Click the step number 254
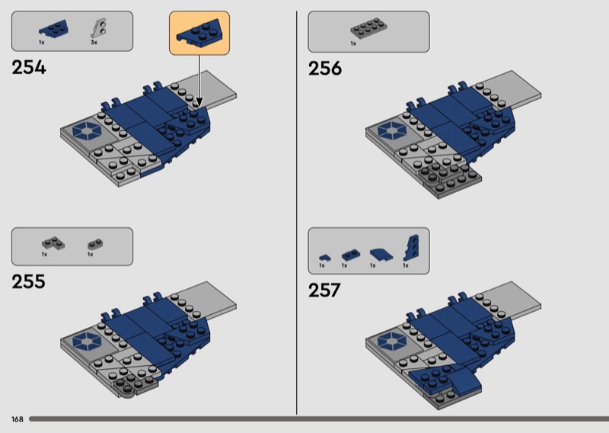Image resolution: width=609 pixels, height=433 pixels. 29,67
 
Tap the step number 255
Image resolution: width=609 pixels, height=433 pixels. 28,281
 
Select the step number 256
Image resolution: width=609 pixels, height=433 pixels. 325,69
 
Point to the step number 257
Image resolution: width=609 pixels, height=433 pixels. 324,290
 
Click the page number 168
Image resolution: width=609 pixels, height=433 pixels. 17,419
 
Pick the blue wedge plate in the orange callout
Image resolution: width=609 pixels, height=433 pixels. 200,34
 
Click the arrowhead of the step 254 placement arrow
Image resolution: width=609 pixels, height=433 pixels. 199,103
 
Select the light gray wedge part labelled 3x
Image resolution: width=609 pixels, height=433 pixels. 99,29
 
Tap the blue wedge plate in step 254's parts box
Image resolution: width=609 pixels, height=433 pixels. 54,29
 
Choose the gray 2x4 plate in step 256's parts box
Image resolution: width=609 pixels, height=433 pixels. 368,28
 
